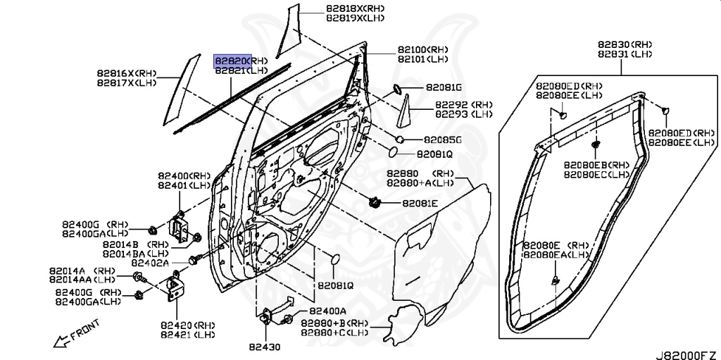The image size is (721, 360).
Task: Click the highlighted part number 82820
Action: click(233, 61)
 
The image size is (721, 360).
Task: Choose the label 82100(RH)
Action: click(422, 50)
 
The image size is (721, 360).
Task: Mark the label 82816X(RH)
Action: click(127, 73)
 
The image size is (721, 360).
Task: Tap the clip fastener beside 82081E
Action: click(374, 203)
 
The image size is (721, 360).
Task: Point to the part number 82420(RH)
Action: click(187, 325)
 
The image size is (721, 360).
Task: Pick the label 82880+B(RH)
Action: click(334, 322)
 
